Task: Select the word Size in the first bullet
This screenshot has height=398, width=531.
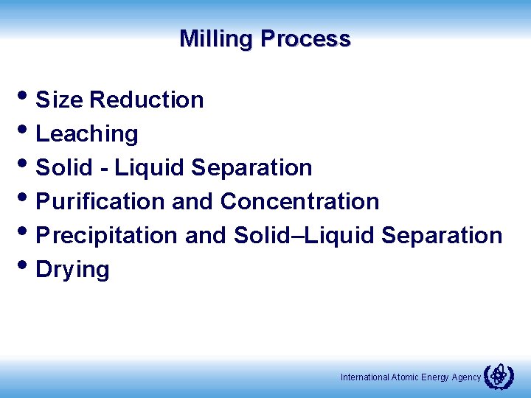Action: (x=58, y=99)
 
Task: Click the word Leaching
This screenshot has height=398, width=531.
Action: (x=86, y=133)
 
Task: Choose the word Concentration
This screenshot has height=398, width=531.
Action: (x=299, y=201)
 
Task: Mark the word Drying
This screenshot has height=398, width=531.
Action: (x=72, y=270)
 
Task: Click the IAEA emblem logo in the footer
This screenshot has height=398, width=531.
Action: (x=499, y=376)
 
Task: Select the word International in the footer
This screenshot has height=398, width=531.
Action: (x=365, y=377)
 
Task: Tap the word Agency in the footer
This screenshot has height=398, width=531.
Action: (x=465, y=377)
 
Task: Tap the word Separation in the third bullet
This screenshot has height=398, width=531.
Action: (x=251, y=167)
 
